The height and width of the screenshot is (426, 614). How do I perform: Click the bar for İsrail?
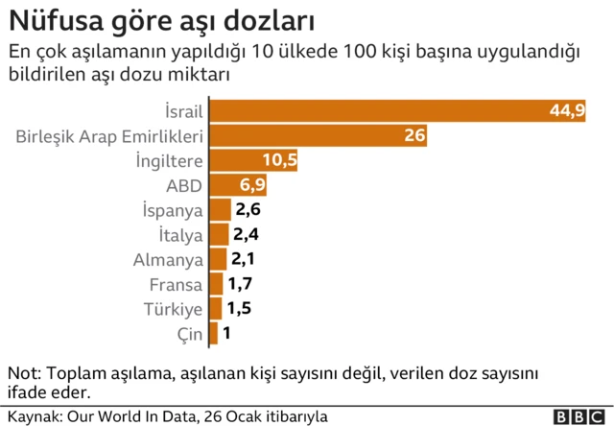click(x=384, y=110)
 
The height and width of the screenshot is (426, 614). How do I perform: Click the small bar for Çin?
click(x=213, y=334)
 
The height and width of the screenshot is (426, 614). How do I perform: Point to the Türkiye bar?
click(x=216, y=309)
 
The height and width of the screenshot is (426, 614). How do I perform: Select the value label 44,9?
click(x=567, y=110)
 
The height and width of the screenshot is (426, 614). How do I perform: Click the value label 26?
click(x=414, y=135)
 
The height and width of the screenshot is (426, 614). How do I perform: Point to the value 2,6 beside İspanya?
click(x=248, y=210)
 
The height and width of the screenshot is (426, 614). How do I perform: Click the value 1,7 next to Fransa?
click(x=239, y=284)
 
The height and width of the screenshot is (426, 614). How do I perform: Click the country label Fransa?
click(x=177, y=285)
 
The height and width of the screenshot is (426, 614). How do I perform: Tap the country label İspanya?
click(x=172, y=210)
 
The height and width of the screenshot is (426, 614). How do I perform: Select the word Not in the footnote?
click(x=21, y=373)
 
